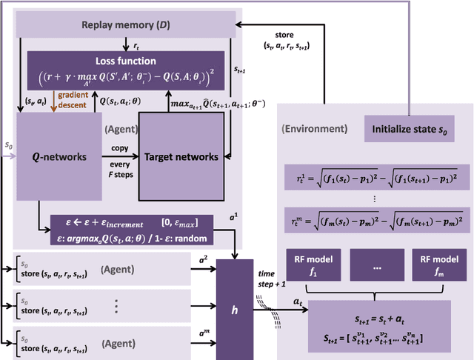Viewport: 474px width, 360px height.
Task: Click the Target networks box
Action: point(182,157)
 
